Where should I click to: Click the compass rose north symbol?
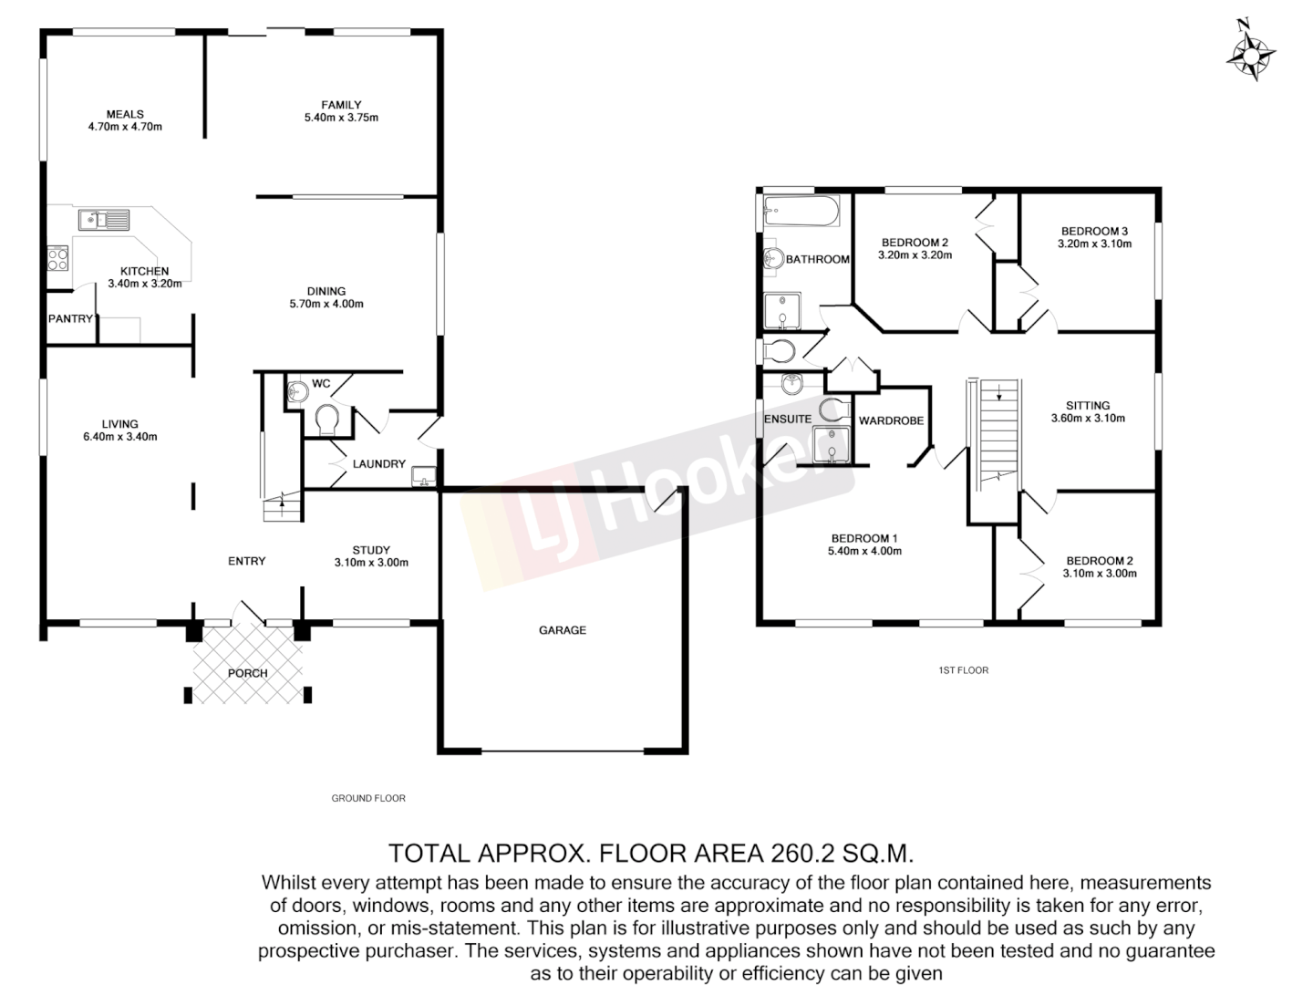point(1250,54)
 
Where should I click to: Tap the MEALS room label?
point(125,114)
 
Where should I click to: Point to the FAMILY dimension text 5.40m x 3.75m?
point(341,118)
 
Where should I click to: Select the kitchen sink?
point(103,219)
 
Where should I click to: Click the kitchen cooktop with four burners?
point(57,259)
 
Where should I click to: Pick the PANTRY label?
point(70,319)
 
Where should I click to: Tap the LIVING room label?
point(119,424)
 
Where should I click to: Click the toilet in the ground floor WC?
point(326,421)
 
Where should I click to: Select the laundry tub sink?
point(424,475)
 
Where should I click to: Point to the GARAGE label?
point(562,630)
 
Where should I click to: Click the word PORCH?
point(247,674)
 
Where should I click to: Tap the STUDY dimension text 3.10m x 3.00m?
point(371,563)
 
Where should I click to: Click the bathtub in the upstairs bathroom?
point(800,213)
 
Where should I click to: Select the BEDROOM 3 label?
point(1094,232)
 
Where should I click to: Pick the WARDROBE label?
point(891,421)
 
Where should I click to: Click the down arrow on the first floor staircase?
point(1000,394)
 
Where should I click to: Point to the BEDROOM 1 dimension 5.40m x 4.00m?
point(863,551)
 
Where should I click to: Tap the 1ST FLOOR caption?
point(963,670)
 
